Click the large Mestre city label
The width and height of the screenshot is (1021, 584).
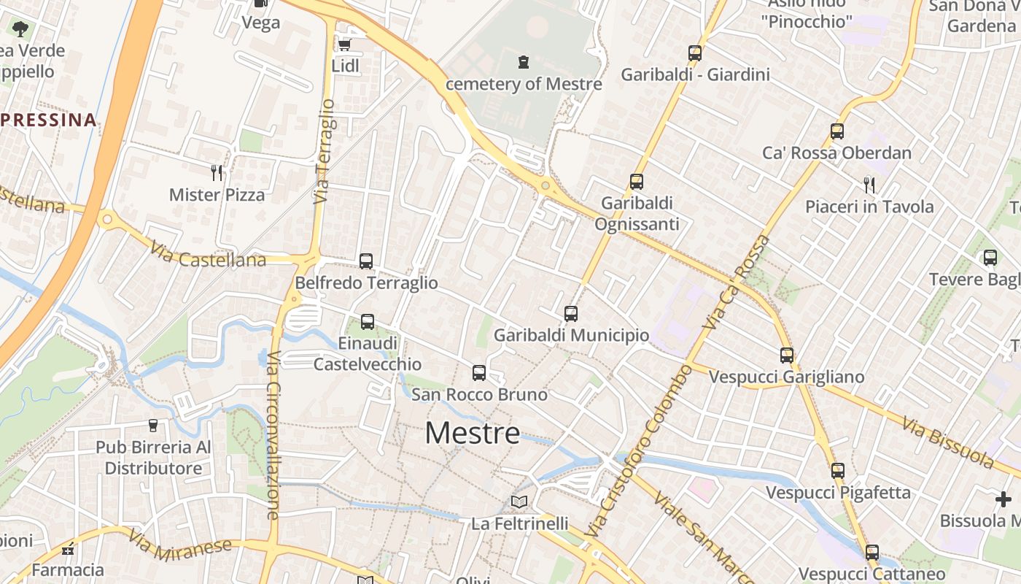pos(473,433)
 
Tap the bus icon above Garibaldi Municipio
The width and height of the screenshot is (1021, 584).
pos(571,314)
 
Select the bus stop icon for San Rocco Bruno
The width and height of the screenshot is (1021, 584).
pos(479,373)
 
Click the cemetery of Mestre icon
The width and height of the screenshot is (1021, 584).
pos(524,62)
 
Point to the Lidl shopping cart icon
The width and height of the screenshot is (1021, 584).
pos(344,45)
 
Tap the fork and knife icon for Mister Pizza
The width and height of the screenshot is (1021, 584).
pos(217,173)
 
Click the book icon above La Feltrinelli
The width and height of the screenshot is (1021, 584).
pos(519,502)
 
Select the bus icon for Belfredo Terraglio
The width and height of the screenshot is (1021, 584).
pos(366,261)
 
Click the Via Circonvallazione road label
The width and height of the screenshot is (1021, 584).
pos(273,435)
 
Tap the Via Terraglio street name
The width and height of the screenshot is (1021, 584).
pos(325,151)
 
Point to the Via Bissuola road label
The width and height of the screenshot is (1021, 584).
pos(948,442)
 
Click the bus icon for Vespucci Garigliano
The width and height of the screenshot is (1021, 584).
pos(787,356)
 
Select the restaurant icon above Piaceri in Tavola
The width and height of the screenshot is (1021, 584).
pos(869,185)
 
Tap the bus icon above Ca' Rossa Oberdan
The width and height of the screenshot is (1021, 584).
pos(837,131)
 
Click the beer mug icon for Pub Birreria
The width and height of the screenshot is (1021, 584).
pos(153,425)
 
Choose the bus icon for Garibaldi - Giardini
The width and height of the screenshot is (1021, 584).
pos(695,53)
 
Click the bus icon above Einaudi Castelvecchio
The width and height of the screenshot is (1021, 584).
pos(368,321)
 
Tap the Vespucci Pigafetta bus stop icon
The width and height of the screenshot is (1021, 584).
pos(838,471)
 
